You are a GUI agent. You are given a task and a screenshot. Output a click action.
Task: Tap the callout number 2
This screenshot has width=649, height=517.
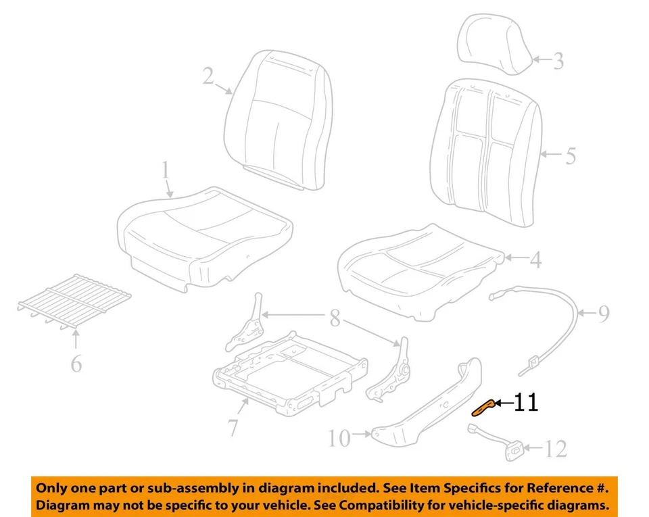coord(209,75)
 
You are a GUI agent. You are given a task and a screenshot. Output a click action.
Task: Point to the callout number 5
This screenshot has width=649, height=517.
coord(570,156)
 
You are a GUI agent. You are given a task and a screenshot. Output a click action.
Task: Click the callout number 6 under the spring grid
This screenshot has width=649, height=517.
coord(76,364)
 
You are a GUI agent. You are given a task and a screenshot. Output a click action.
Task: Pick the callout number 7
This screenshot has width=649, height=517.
coord(232,427)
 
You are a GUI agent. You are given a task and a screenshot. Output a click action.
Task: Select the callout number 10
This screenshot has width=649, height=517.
coord(340,439)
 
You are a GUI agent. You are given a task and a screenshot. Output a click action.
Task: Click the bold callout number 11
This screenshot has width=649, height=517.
coord(526,403)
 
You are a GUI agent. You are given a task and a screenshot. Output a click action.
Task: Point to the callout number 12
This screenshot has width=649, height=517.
coord(556,448)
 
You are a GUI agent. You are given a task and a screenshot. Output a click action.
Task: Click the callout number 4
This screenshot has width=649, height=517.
coord(535,260)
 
